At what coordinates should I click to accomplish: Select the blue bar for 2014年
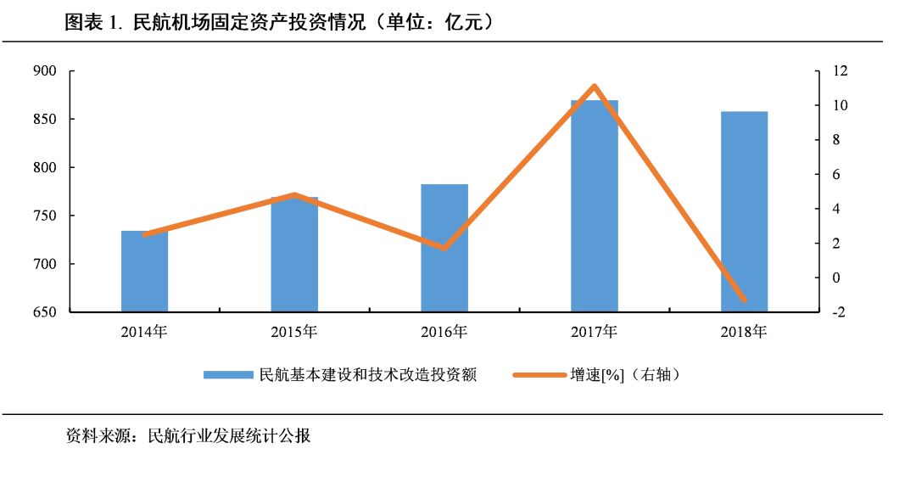tap(144, 272)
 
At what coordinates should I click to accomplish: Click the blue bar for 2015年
tap(294, 255)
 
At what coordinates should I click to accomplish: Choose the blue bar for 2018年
tap(744, 212)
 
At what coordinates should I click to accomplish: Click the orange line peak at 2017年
tap(595, 86)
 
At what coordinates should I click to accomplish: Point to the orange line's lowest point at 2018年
tap(744, 300)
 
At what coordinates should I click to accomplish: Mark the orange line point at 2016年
tap(444, 248)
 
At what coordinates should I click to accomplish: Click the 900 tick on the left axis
tap(45, 71)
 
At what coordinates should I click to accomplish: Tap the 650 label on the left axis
tap(45, 312)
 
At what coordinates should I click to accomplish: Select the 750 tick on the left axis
tap(45, 216)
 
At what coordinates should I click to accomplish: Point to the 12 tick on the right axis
tap(841, 71)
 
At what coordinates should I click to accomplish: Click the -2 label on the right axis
tap(841, 312)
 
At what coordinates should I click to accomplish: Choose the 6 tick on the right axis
tap(841, 175)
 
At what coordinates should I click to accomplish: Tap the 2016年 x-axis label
tap(444, 332)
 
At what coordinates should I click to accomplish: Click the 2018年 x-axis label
tap(744, 332)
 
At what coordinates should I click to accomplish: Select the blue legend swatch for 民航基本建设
tap(229, 374)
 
